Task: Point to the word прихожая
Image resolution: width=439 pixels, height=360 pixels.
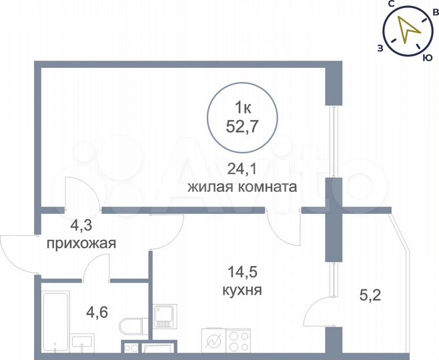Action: point(81,243)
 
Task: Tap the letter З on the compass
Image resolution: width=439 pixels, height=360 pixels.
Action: point(380,47)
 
